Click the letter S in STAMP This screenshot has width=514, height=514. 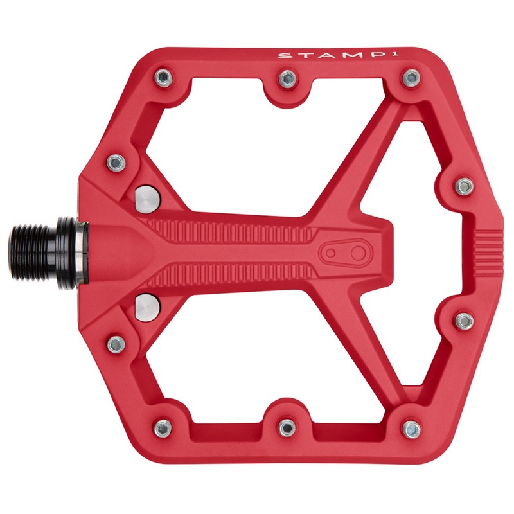point(282,56)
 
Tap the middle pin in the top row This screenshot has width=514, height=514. point(287,79)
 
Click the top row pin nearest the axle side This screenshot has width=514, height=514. point(163,79)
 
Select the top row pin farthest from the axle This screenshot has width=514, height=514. point(410,79)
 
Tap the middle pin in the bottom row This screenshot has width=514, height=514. point(287,426)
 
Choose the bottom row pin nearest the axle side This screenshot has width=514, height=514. point(163,426)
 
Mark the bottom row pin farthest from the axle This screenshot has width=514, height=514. point(410,426)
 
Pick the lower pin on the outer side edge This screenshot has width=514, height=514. point(464,319)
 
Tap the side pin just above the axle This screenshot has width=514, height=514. point(116,161)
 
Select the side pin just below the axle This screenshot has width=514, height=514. point(116,346)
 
